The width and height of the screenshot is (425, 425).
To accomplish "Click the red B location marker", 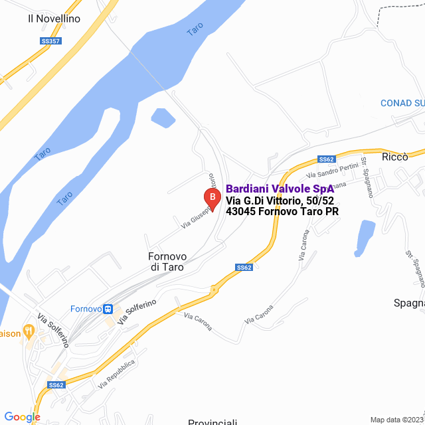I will point(211,197).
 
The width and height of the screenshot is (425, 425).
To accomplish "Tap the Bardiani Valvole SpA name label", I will point(280,188).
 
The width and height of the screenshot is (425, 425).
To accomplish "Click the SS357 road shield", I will point(50,41).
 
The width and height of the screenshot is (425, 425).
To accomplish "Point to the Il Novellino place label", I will point(54,19).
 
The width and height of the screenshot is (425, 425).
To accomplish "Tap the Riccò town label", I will point(394,157).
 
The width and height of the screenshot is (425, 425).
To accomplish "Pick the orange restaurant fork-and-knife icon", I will point(28,330).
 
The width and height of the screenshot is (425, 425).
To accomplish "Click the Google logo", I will point(22,417).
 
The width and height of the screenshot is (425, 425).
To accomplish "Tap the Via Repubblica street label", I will point(116,374).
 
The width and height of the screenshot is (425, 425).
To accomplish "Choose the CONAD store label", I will point(402,103).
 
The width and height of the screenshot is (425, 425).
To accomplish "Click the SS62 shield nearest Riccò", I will point(326,159).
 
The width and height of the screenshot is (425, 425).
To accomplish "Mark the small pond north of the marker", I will point(163,118).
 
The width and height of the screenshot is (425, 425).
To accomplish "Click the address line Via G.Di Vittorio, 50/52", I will point(280,201).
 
